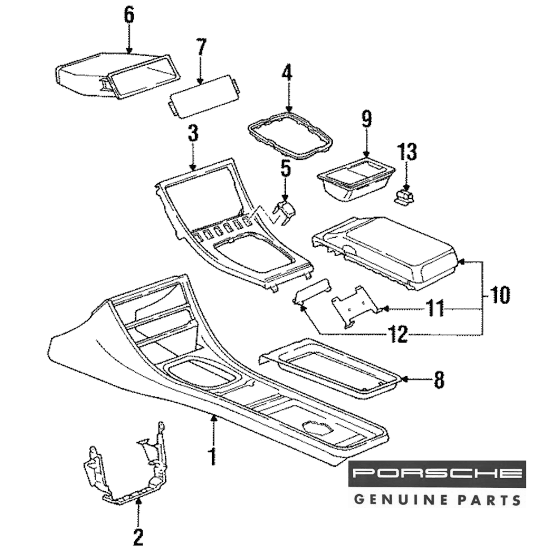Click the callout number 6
tap(129, 16)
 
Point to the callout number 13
tap(407, 152)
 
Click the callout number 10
tap(500, 295)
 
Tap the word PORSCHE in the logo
tap(437, 474)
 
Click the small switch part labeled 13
tap(405, 196)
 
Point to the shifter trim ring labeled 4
tap(290, 135)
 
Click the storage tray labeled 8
tap(332, 369)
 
